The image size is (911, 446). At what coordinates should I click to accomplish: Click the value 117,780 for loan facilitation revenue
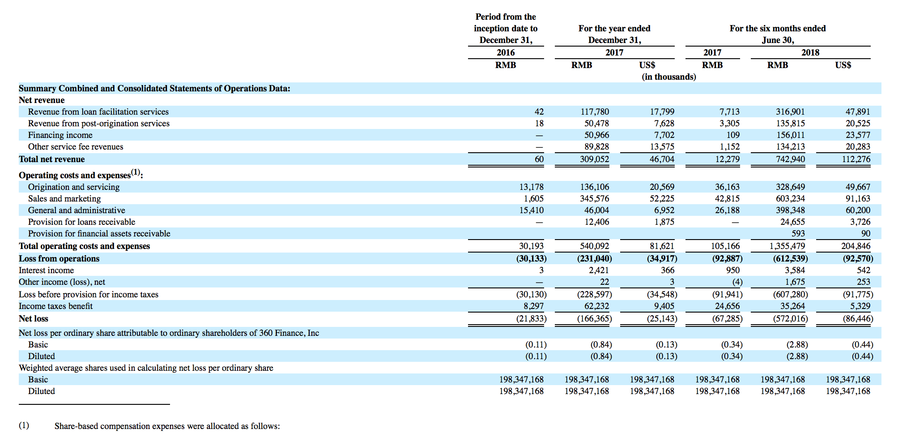click(x=595, y=111)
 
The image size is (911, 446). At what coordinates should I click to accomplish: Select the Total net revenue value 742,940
click(x=790, y=159)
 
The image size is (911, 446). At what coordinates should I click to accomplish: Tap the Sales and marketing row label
click(x=64, y=198)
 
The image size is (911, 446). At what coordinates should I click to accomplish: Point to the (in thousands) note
click(x=669, y=77)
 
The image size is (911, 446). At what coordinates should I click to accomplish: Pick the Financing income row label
click(x=60, y=135)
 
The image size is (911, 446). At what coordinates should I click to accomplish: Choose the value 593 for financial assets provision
click(x=798, y=233)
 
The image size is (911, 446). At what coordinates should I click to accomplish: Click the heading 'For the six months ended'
click(x=778, y=28)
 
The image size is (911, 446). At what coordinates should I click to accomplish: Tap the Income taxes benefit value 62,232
click(x=596, y=306)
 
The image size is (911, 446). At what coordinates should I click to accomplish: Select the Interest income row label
click(x=47, y=270)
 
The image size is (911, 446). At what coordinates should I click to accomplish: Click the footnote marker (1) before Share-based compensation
click(x=24, y=425)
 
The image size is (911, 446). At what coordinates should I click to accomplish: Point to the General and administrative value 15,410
click(x=531, y=210)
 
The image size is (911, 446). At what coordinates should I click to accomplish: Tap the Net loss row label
click(x=34, y=318)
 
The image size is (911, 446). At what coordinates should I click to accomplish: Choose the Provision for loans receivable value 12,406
click(x=596, y=222)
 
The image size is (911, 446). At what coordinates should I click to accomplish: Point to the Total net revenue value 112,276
click(x=856, y=159)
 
